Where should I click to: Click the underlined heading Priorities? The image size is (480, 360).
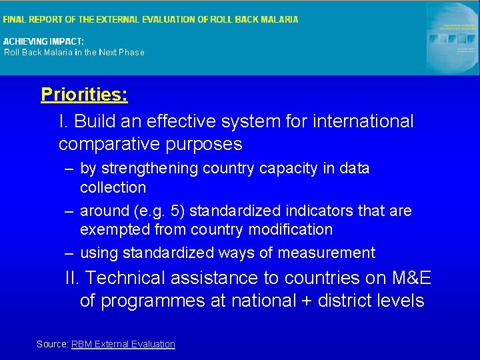click(84, 95)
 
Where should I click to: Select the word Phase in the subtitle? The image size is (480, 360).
click(131, 52)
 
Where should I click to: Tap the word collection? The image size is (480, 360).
click(113, 187)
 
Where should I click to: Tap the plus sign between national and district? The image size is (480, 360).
click(306, 301)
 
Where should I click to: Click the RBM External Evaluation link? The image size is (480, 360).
click(123, 344)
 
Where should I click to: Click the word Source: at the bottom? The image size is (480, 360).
click(52, 344)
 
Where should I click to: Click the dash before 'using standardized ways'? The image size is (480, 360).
click(69, 253)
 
